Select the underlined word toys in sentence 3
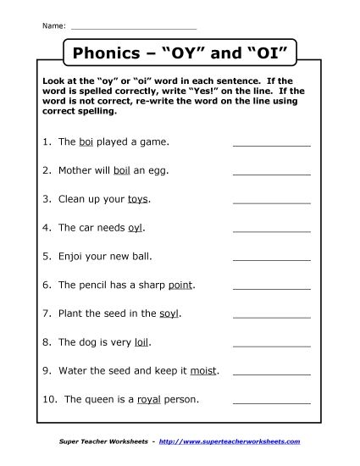[137, 199]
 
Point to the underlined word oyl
[136, 228]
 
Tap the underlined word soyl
[169, 313]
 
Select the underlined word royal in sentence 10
[173, 399]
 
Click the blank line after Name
[133, 26]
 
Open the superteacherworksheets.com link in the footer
[229, 441]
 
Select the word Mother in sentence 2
[75, 170]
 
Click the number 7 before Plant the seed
[44, 313]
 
